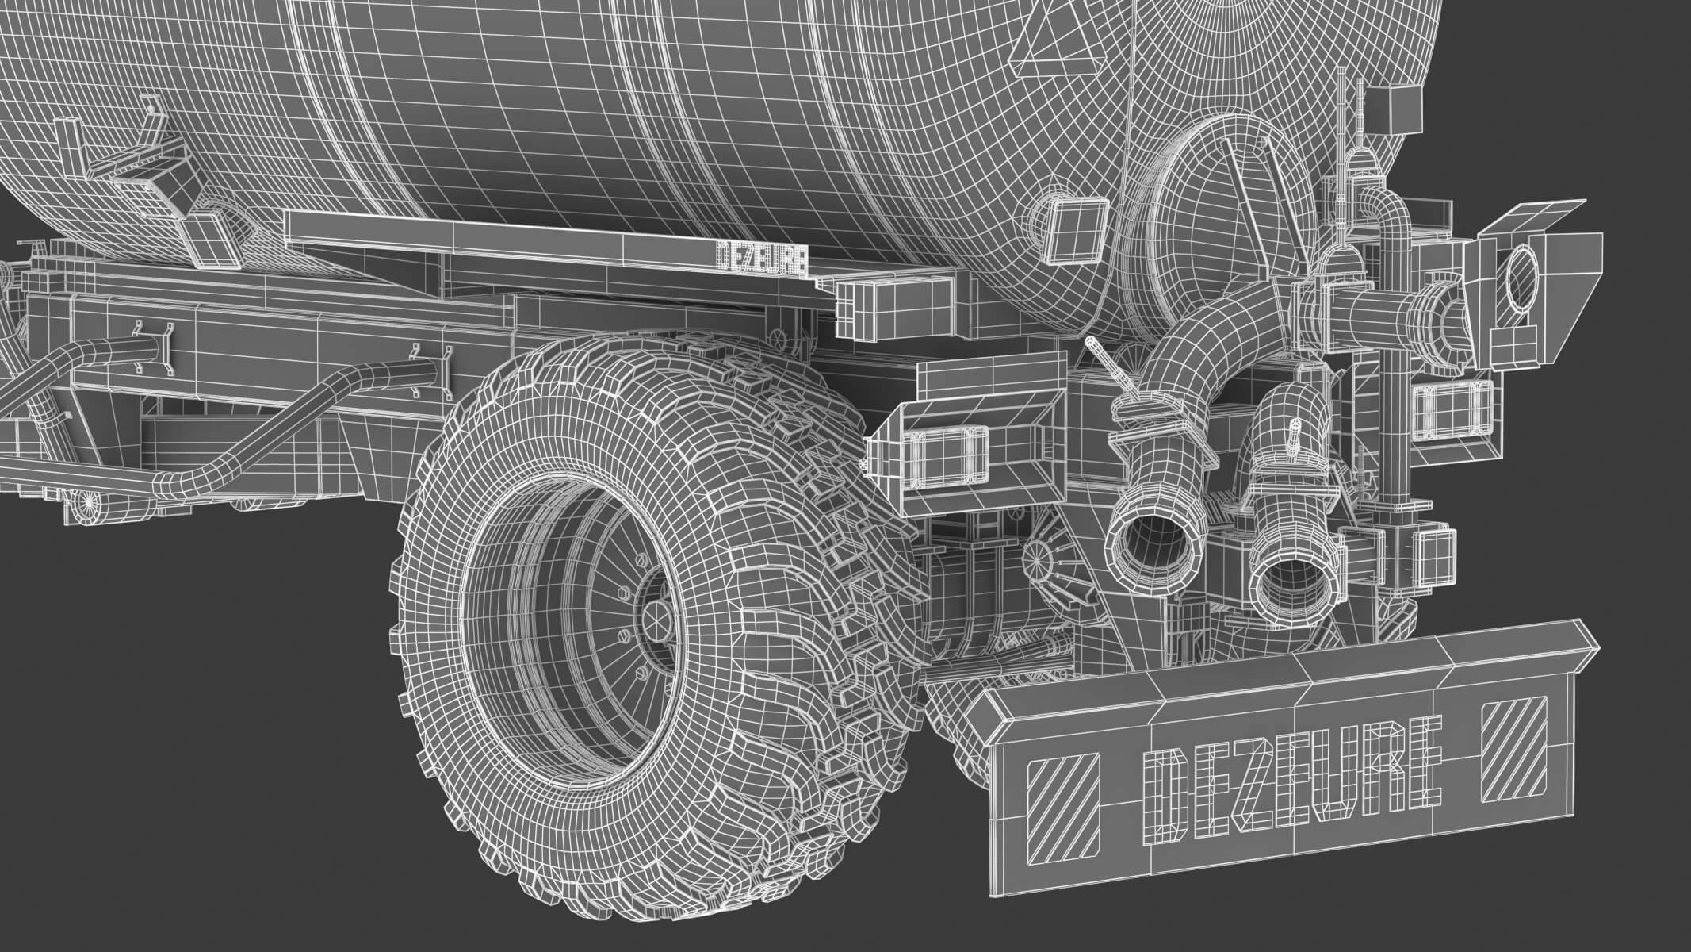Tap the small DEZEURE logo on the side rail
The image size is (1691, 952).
click(762, 259)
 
